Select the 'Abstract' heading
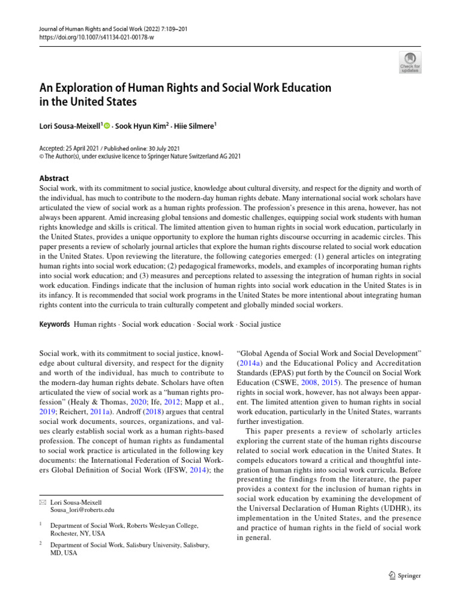click(53, 178)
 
